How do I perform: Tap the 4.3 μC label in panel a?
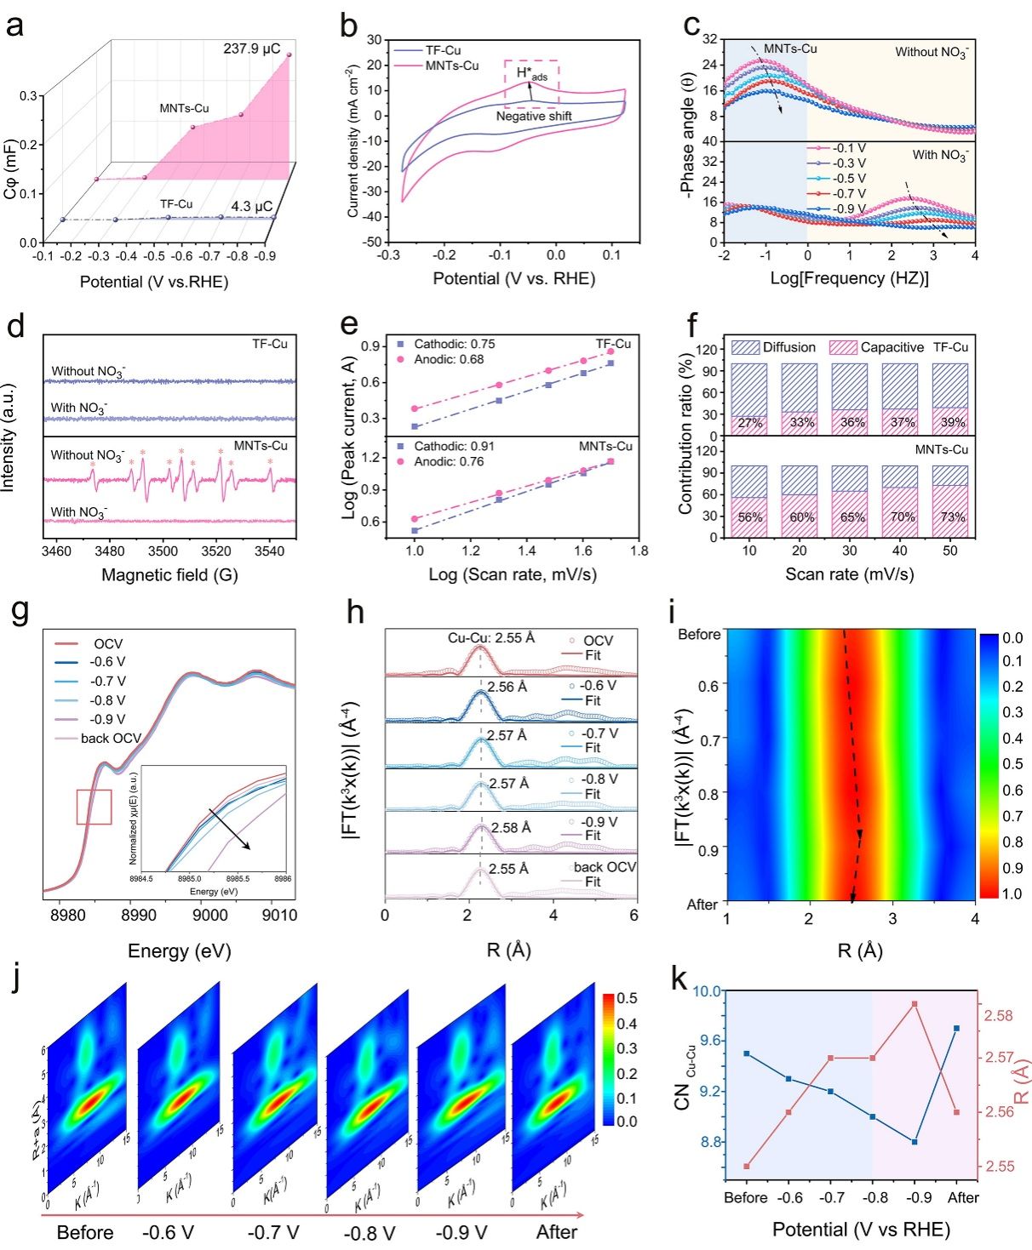coord(251,207)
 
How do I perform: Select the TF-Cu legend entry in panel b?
coord(443,50)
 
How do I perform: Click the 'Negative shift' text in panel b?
coord(534,116)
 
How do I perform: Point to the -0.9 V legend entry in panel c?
coord(848,209)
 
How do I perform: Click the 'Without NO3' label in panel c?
coord(932,52)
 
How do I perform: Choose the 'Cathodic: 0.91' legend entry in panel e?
coord(454,446)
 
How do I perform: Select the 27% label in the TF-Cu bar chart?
coord(750,423)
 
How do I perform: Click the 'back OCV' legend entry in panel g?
coord(111,738)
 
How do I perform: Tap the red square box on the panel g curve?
coord(94,807)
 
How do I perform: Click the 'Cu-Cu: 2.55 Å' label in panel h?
coord(491,637)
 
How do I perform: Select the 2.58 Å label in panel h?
coord(511,827)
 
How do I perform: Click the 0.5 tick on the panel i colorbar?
coord(1012,763)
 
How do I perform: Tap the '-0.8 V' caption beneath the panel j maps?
coord(370,1233)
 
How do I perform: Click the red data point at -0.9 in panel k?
coord(914,1004)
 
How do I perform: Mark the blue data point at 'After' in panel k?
coord(956,1028)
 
